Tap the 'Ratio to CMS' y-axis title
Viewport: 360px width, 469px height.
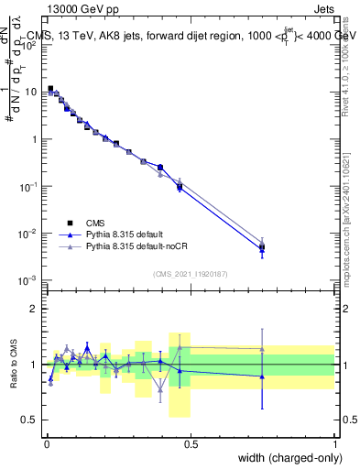[14, 364]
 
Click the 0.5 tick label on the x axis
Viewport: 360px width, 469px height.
[191, 443]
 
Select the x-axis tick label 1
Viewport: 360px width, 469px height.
[334, 443]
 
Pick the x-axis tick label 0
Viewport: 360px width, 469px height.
[47, 443]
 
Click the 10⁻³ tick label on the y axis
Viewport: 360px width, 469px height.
[30, 280]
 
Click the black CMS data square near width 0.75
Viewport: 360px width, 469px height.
[262, 247]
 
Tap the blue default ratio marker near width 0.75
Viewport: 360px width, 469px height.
[262, 376]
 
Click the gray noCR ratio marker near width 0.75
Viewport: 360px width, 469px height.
[262, 348]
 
